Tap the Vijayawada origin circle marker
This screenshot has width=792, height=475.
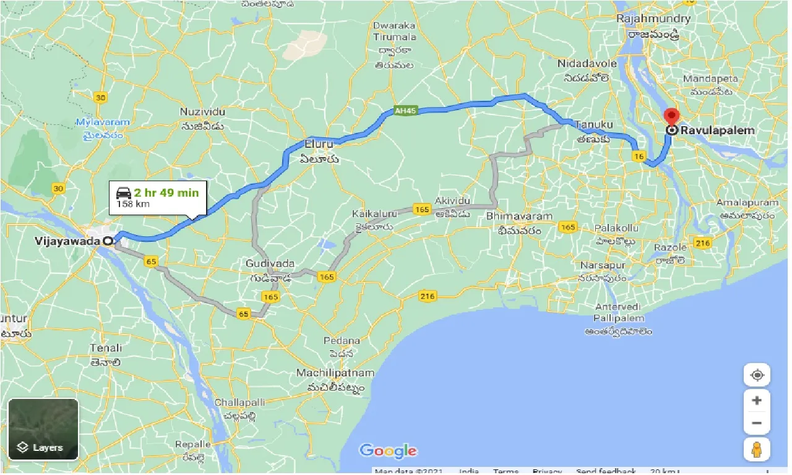click(108, 241)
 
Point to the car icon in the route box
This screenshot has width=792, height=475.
click(123, 193)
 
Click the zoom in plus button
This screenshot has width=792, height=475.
click(757, 400)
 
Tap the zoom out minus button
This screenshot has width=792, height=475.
click(757, 424)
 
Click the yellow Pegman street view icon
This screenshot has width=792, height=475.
click(757, 450)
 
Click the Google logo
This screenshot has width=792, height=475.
click(388, 451)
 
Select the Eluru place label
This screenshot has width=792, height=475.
click(319, 144)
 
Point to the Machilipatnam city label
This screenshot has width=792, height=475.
click(335, 373)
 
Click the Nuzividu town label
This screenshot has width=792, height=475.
click(202, 112)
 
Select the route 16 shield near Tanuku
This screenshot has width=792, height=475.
click(639, 157)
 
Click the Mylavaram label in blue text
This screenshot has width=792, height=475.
click(100, 122)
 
